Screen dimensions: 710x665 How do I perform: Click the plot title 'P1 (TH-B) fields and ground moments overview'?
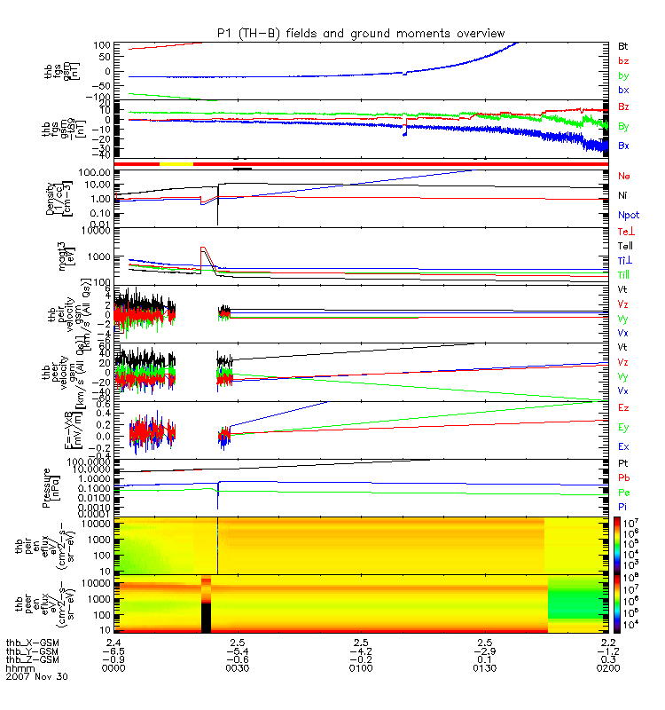click(361, 33)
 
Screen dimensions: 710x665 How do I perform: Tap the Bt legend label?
click(624, 44)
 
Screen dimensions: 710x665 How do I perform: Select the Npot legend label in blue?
click(629, 215)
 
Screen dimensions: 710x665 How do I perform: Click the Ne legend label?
click(624, 176)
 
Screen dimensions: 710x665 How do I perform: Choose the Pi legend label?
click(623, 506)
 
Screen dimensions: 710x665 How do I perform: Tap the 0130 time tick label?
click(484, 667)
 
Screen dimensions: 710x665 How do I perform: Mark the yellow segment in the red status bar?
click(176, 164)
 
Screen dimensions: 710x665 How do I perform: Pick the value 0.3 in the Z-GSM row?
click(607, 659)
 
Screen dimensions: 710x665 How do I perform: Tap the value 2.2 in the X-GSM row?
click(607, 642)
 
